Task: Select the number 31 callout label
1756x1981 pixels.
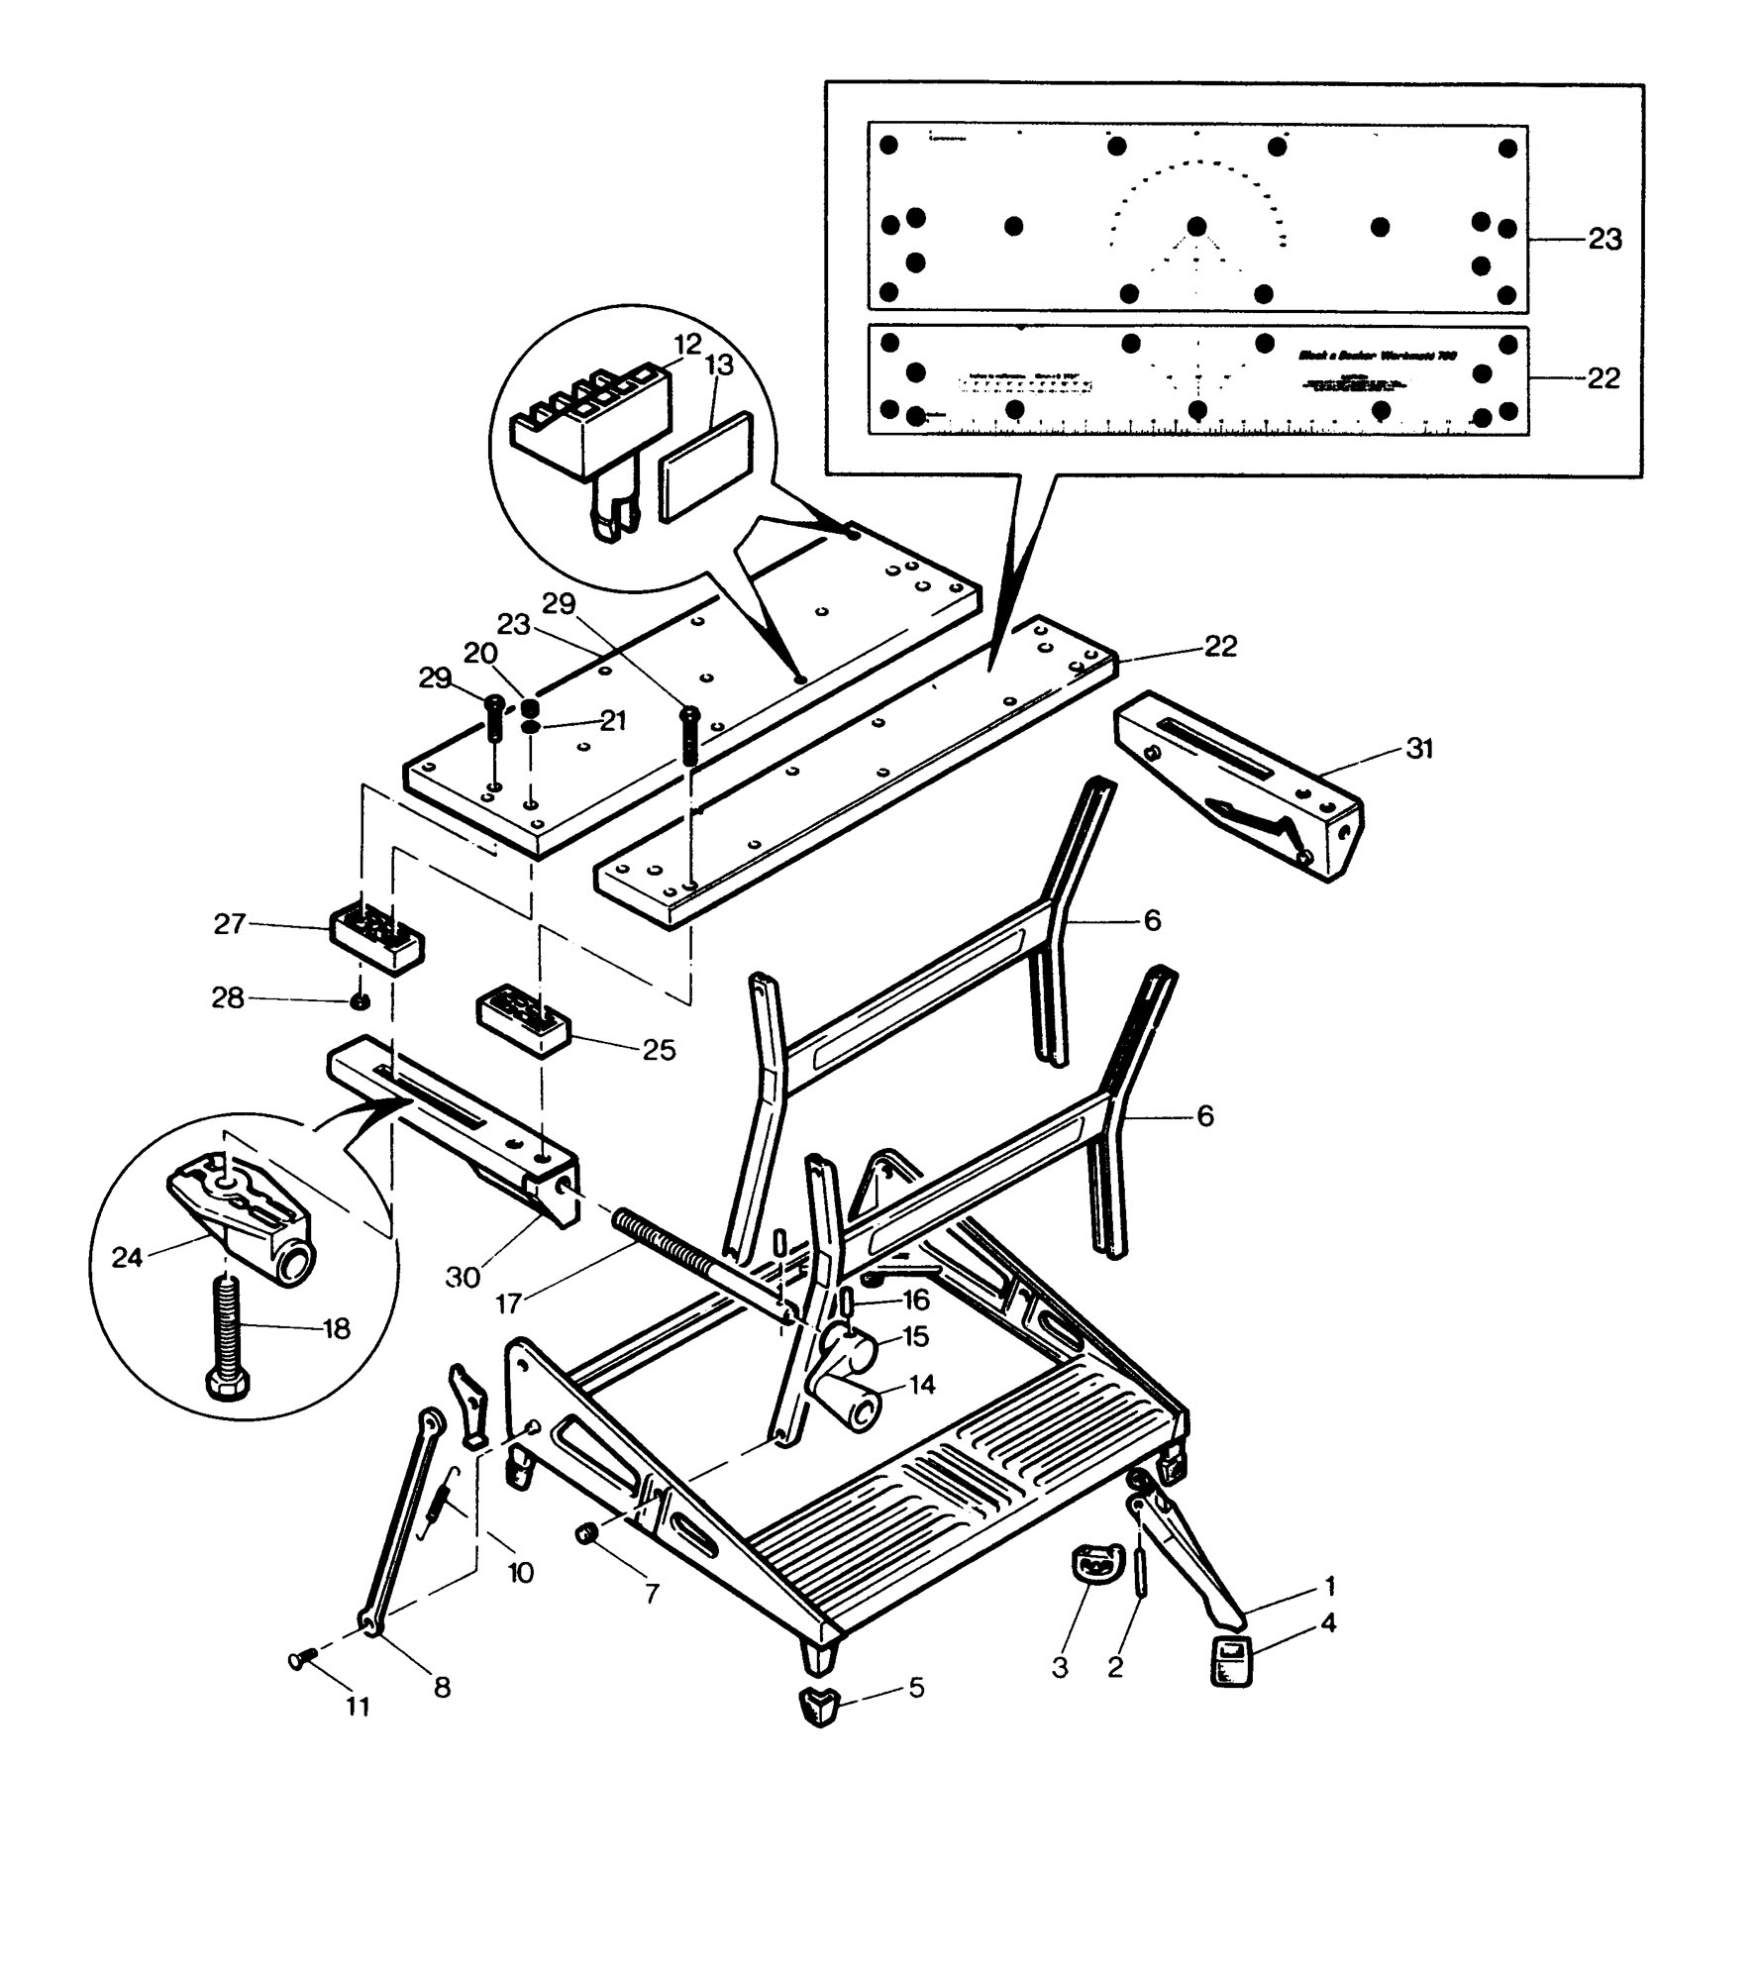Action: click(x=1419, y=750)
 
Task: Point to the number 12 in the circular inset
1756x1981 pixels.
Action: click(x=687, y=345)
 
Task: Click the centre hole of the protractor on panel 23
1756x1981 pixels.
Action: click(x=1196, y=227)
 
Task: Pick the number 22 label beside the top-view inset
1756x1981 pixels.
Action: click(x=1602, y=378)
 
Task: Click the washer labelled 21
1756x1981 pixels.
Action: click(x=531, y=727)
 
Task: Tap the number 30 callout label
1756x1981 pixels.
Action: click(x=463, y=1278)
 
